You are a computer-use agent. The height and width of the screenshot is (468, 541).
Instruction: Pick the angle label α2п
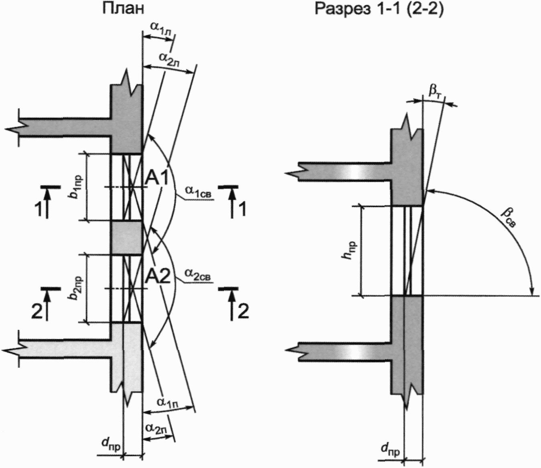[x=156, y=428]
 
